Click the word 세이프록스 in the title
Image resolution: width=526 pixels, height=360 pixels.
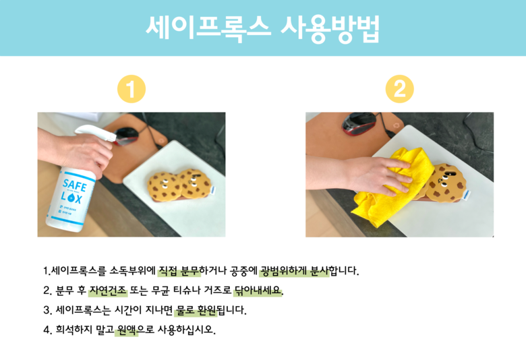208,28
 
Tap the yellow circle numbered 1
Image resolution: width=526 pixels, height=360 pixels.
131,89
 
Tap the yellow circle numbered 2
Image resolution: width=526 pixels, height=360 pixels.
399,89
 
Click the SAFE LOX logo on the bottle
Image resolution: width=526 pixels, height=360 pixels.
73,191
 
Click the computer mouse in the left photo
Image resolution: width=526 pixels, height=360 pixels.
126,136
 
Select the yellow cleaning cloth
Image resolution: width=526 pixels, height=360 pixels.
392,188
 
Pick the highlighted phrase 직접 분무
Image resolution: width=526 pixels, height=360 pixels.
179,270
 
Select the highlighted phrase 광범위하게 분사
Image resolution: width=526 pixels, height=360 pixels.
294,270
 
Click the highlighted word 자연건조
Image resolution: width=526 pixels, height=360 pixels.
108,290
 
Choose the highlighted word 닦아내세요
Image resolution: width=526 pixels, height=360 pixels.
258,290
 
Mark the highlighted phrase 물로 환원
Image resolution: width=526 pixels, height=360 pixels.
196,310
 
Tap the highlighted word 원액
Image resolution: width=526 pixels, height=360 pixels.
127,330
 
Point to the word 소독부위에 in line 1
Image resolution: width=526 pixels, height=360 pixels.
132,270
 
